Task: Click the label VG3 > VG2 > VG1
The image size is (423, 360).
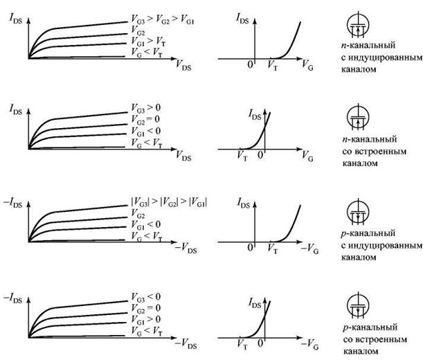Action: pyautogui.click(x=163, y=19)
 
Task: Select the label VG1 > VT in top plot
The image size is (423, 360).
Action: pyautogui.click(x=148, y=42)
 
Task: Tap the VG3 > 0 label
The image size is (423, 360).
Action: pyautogui.click(x=145, y=109)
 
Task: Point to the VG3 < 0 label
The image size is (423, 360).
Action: pyautogui.click(x=145, y=298)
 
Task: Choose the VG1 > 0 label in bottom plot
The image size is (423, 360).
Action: pyautogui.click(x=145, y=320)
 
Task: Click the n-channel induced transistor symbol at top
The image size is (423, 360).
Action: pyautogui.click(x=358, y=26)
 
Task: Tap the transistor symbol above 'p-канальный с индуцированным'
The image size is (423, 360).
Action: pyautogui.click(x=358, y=212)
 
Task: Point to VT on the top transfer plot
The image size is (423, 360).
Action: pyautogui.click(x=273, y=66)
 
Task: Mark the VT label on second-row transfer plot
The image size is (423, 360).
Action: pyautogui.click(x=242, y=156)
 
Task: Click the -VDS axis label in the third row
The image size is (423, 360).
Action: pyautogui.click(x=186, y=248)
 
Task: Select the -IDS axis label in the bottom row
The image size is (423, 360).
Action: pyautogui.click(x=12, y=298)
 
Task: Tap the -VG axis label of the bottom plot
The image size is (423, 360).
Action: pyautogui.click(x=309, y=344)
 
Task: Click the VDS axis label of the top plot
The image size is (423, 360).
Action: pyautogui.click(x=183, y=65)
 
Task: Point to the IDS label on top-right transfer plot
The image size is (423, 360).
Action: pyautogui.click(x=242, y=19)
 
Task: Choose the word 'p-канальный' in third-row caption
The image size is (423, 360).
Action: pyautogui.click(x=368, y=233)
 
